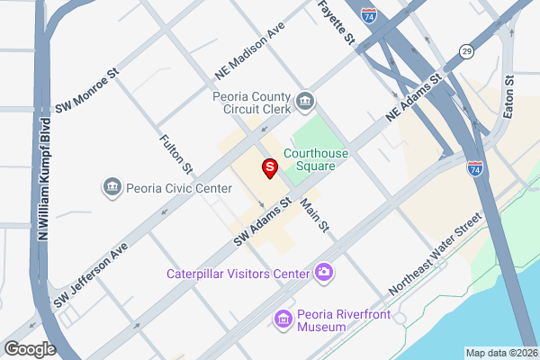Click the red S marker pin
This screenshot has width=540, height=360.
click(x=269, y=167)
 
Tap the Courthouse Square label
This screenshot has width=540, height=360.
click(x=316, y=159)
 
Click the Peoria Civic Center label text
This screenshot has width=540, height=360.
click(x=179, y=188)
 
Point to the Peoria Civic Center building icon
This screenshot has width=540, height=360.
click(x=112, y=187)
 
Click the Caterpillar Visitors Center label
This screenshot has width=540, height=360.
click(x=238, y=273)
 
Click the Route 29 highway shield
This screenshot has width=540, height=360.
click(x=466, y=50)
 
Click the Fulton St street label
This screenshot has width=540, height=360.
click(x=175, y=154)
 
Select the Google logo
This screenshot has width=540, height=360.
click(x=30, y=349)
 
